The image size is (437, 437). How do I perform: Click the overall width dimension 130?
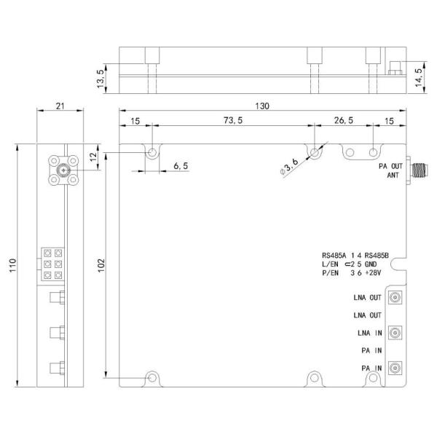(x=262, y=106)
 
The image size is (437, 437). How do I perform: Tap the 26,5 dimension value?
(x=343, y=121)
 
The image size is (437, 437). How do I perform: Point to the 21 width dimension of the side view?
(x=60, y=106)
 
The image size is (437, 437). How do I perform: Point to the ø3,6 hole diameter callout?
(x=289, y=167)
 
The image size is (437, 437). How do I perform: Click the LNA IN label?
(x=368, y=334)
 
